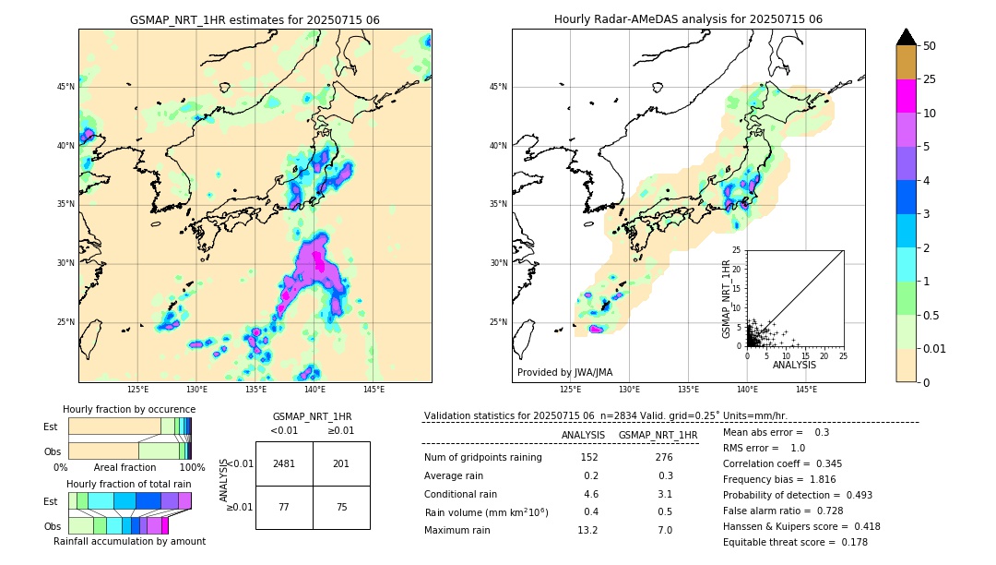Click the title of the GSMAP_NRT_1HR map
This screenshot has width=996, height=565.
point(255,19)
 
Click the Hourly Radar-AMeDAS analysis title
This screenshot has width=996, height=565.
point(688,19)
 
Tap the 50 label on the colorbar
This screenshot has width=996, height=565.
point(930,45)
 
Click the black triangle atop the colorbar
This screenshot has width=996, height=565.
point(907,37)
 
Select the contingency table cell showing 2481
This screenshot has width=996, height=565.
point(284,463)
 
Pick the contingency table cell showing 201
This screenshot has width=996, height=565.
point(341,463)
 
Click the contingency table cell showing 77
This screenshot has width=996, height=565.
point(284,507)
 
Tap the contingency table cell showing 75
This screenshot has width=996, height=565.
point(341,507)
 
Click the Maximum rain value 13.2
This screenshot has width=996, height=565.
point(587,530)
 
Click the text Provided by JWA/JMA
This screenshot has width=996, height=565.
point(564,372)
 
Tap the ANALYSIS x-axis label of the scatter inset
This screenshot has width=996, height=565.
point(794,366)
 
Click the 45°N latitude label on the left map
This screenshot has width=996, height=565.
point(65,87)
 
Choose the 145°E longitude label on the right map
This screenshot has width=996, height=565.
point(806,390)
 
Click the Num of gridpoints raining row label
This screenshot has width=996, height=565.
point(482,457)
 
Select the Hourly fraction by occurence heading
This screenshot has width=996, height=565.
point(129,409)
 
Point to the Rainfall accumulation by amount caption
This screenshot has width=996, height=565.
point(129,541)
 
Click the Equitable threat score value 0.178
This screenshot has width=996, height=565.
point(849,542)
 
